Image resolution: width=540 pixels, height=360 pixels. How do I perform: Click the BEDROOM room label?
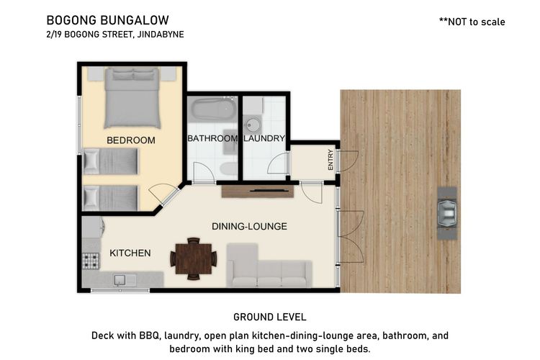131,140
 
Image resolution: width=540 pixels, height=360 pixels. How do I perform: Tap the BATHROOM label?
212,138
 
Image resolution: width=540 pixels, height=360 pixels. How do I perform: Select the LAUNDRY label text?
264,138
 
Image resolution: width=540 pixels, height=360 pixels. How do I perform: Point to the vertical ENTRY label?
330,160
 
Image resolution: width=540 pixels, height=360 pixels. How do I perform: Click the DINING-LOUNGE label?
249,226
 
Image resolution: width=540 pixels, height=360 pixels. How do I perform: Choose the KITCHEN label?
130,253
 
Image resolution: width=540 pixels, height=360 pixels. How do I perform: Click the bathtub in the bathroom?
215,109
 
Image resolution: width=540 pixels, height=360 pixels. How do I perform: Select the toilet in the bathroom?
228,168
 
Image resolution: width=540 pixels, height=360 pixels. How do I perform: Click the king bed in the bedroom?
132,98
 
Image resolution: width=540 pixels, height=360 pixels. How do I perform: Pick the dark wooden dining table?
194,258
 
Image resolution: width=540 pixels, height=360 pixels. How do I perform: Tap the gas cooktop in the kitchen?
91,261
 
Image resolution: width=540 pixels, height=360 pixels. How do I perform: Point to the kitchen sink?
120,280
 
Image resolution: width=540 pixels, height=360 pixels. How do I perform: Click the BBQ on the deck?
447,214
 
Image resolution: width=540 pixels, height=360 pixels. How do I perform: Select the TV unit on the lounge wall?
257,192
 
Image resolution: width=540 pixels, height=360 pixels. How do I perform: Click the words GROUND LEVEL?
270,317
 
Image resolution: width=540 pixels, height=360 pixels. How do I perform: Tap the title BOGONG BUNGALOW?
108,20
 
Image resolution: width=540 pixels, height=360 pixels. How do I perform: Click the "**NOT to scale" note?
472,22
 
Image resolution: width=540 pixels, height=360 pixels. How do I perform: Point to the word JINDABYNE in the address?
161,35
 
